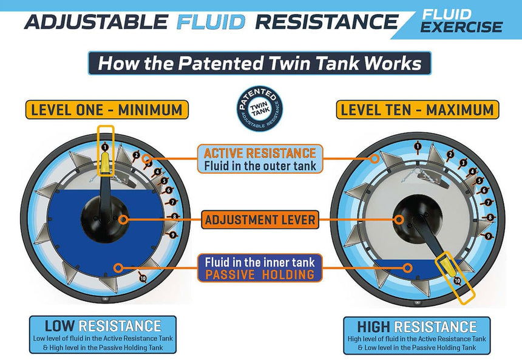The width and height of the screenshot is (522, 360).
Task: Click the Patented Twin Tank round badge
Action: [x=260, y=109]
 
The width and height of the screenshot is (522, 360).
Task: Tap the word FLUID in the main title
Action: [x=211, y=22]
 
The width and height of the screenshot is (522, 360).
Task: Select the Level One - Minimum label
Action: [x=107, y=109]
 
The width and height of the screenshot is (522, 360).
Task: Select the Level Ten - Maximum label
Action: [x=418, y=109]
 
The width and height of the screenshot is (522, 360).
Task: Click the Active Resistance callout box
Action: [x=260, y=159]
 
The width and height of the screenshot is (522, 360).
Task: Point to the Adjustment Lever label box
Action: [x=260, y=220]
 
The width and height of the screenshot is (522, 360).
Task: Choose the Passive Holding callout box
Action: [x=260, y=268]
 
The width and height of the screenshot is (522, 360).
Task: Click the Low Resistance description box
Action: [x=103, y=335]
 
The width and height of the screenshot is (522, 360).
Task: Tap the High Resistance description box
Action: [x=417, y=335]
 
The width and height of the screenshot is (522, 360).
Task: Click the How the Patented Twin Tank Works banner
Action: [x=260, y=63]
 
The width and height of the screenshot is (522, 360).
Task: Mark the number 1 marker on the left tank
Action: [x=105, y=147]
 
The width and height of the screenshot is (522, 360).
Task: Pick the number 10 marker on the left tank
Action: [x=143, y=278]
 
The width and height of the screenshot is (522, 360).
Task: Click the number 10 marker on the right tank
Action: [x=457, y=280]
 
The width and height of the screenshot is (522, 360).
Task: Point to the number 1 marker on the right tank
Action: [x=418, y=146]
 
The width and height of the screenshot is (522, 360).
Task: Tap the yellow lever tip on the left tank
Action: [x=105, y=163]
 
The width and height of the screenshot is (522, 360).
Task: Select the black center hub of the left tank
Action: [x=105, y=219]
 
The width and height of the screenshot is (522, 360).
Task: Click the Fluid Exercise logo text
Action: [x=461, y=21]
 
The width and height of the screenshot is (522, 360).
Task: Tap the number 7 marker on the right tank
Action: [x=488, y=202]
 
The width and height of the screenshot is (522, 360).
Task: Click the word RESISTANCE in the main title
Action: [x=327, y=22]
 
